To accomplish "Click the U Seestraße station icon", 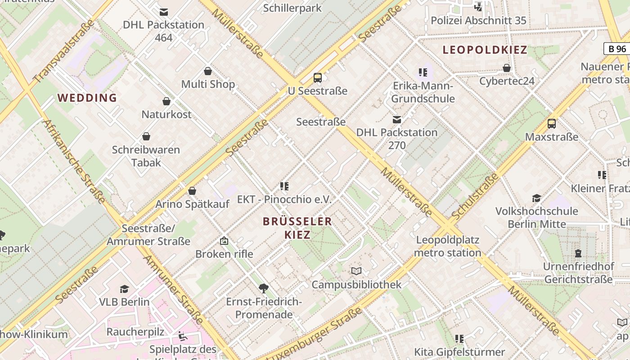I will (318, 78).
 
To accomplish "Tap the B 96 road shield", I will (616, 49).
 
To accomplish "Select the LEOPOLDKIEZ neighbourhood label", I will (485, 50).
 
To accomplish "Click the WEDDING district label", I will (87, 98).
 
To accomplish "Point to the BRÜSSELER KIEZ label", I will (297, 228).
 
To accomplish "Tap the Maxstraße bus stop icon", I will (552, 124).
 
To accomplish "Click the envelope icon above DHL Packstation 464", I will (164, 12).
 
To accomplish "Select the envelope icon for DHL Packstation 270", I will (397, 120).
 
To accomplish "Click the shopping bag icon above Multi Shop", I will (208, 71).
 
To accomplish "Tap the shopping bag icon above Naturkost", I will (166, 102).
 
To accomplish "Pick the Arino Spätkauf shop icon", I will (192, 191).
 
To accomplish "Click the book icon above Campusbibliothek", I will (356, 271).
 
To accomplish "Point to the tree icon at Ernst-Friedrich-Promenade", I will (264, 288).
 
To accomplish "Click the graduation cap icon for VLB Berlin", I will (124, 289).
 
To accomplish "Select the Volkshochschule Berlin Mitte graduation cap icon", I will (536, 198).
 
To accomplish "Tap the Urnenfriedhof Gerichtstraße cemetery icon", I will (578, 253).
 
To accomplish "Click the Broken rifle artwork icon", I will (224, 241).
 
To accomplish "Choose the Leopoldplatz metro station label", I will (447, 246).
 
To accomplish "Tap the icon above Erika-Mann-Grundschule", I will (423, 72).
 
